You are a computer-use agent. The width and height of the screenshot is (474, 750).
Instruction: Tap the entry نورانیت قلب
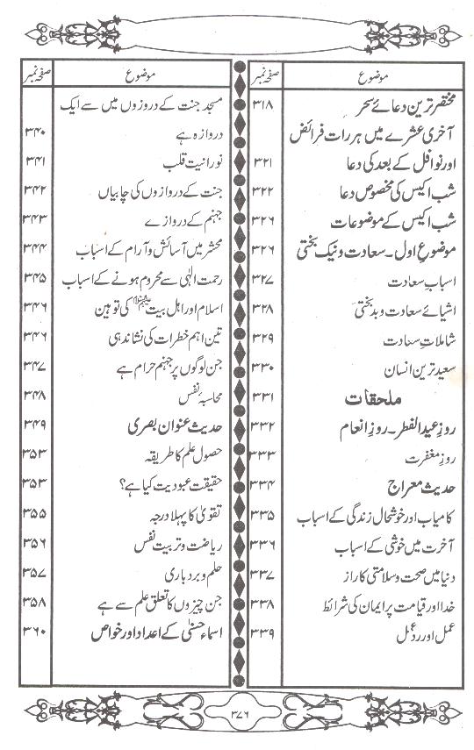tap(181, 161)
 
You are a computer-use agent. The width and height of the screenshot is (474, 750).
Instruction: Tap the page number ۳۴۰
tap(35, 133)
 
